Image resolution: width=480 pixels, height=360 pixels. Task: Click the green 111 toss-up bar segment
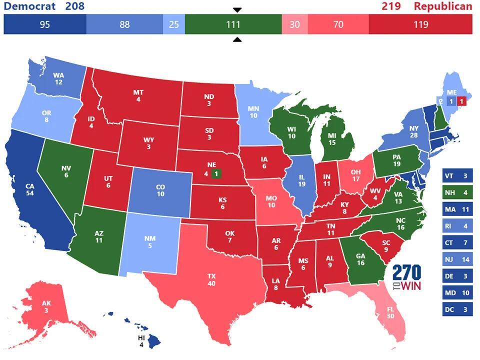click(x=233, y=24)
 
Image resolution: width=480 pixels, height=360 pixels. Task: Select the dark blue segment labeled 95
click(x=45, y=24)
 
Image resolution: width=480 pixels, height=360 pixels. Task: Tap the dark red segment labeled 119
click(x=420, y=24)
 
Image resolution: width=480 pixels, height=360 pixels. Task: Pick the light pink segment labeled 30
click(x=294, y=24)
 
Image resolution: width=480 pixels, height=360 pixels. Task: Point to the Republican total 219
click(x=391, y=6)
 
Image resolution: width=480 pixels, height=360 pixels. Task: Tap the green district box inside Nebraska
click(x=216, y=173)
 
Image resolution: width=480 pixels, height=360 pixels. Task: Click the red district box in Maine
click(x=461, y=101)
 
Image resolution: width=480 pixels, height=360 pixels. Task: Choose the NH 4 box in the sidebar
click(x=457, y=192)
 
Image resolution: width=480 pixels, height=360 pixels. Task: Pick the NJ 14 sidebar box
click(x=457, y=259)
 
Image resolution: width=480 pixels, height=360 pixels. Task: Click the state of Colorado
click(x=160, y=190)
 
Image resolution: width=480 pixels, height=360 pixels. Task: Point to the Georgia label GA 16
click(x=359, y=259)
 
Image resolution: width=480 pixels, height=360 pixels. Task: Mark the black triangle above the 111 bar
click(x=237, y=10)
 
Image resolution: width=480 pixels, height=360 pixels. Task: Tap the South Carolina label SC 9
click(x=385, y=245)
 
